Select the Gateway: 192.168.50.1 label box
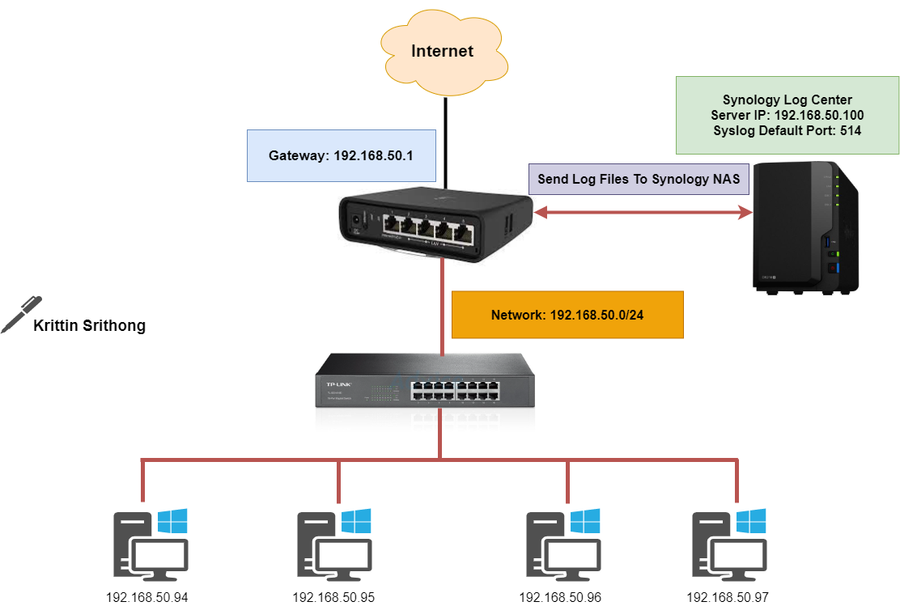[341, 155]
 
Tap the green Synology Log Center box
[787, 115]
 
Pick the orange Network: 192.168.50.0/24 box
[567, 314]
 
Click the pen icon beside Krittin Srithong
[21, 314]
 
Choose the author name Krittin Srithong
[89, 327]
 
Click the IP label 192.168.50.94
[146, 598]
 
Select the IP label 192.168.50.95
[333, 598]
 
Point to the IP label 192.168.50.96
[559, 598]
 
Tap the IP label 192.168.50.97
[728, 598]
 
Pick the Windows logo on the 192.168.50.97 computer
[752, 521]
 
